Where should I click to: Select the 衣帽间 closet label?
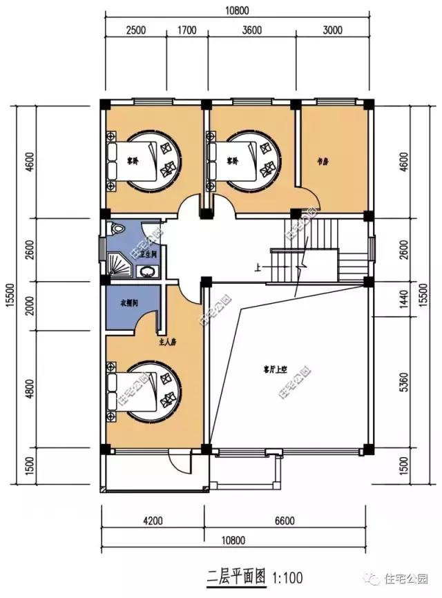(x=128, y=302)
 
